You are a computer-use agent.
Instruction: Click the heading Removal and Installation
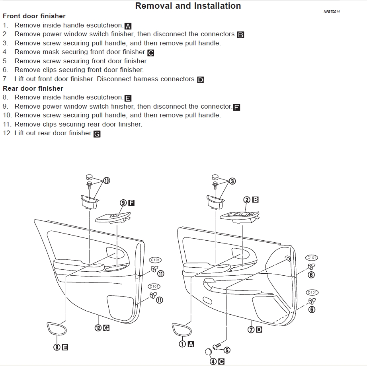[188, 6]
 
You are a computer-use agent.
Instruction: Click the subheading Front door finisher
[34, 16]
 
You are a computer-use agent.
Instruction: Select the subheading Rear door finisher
[33, 88]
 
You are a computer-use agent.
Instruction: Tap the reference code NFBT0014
[332, 12]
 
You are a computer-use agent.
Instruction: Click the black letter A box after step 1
[128, 26]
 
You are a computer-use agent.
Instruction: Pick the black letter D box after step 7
[200, 80]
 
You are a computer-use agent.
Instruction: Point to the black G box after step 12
[97, 134]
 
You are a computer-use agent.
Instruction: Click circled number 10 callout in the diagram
[106, 181]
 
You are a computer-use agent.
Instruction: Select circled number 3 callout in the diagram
[232, 181]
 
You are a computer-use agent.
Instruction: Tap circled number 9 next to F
[123, 203]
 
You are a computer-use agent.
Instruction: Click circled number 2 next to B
[247, 200]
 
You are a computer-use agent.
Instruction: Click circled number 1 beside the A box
[183, 344]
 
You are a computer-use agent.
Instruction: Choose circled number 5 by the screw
[227, 350]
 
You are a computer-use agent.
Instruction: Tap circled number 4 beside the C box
[213, 362]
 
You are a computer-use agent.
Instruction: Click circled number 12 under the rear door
[98, 328]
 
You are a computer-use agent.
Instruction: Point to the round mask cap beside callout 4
[208, 352]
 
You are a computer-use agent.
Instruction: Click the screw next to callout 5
[217, 347]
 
